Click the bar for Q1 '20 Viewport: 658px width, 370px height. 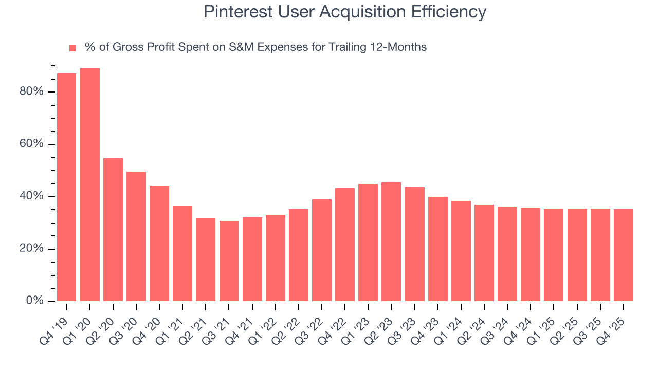(90, 185)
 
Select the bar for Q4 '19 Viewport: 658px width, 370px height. (66, 188)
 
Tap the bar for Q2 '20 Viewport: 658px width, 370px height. (113, 230)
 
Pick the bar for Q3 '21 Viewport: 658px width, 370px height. (229, 261)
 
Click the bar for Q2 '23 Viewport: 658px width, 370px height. (391, 242)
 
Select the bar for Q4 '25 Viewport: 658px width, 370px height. (624, 255)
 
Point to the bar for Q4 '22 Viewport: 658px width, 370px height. (345, 245)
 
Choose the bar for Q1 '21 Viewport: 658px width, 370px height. (182, 253)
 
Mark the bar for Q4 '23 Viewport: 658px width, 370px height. (438, 249)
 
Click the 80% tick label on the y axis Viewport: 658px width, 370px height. (30, 92)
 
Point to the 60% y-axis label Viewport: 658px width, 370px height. (30, 144)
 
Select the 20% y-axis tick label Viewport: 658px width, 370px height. (30, 249)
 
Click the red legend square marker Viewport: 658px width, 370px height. (72, 48)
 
